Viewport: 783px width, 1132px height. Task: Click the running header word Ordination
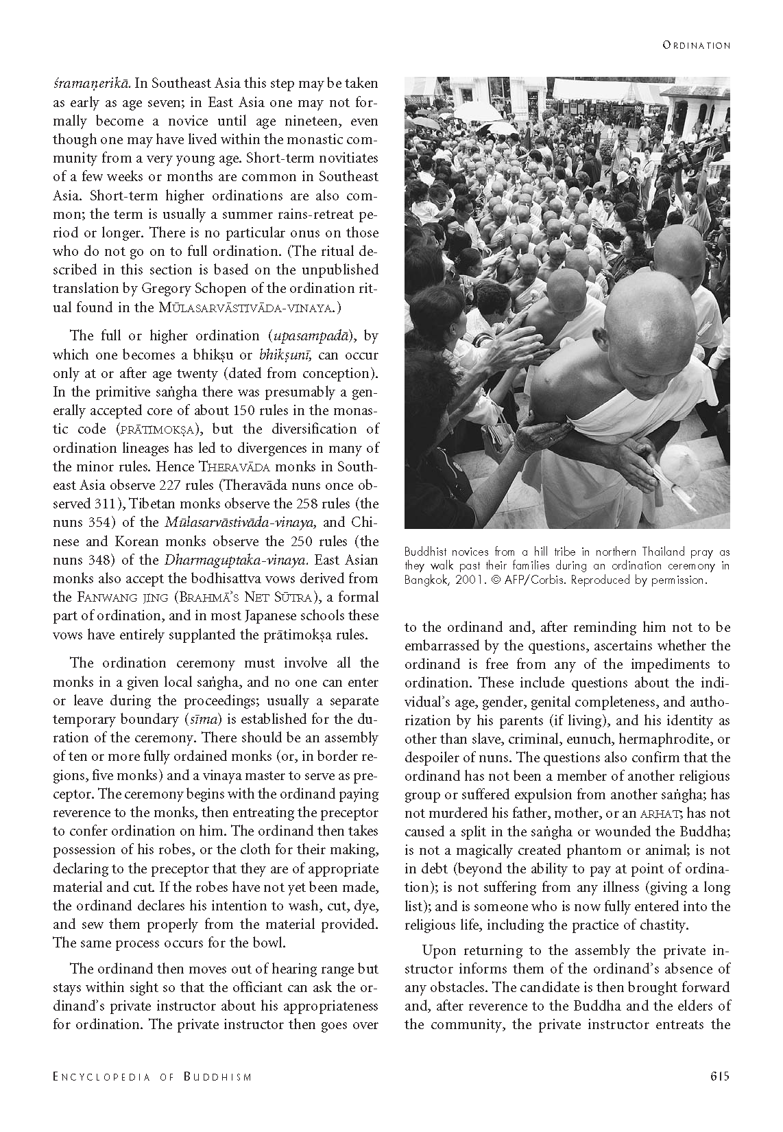pos(696,45)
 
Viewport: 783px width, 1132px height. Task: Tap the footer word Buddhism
pos(218,1076)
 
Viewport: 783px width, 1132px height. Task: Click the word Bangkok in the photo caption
pos(425,580)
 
